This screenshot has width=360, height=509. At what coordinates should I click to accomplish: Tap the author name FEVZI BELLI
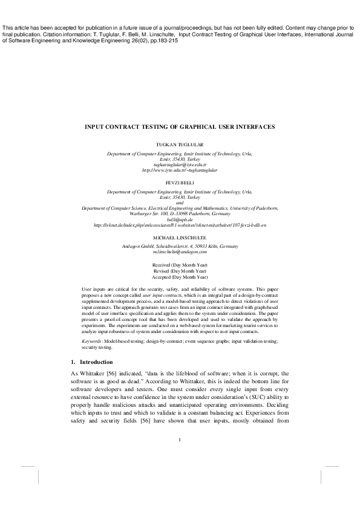(180, 181)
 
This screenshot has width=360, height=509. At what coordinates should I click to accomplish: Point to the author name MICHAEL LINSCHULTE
(180, 238)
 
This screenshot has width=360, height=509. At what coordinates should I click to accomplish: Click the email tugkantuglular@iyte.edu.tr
(180, 164)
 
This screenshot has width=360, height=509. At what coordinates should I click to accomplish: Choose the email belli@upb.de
(180, 219)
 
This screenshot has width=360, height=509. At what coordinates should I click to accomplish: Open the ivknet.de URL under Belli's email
(180, 225)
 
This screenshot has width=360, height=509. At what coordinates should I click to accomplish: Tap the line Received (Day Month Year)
(180, 265)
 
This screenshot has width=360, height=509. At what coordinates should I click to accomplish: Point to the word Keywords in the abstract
(93, 325)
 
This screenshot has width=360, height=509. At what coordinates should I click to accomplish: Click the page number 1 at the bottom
(180, 439)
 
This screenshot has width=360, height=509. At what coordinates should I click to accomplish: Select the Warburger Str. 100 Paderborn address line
(180, 213)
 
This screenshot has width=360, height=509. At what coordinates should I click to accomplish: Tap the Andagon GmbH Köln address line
(180, 246)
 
